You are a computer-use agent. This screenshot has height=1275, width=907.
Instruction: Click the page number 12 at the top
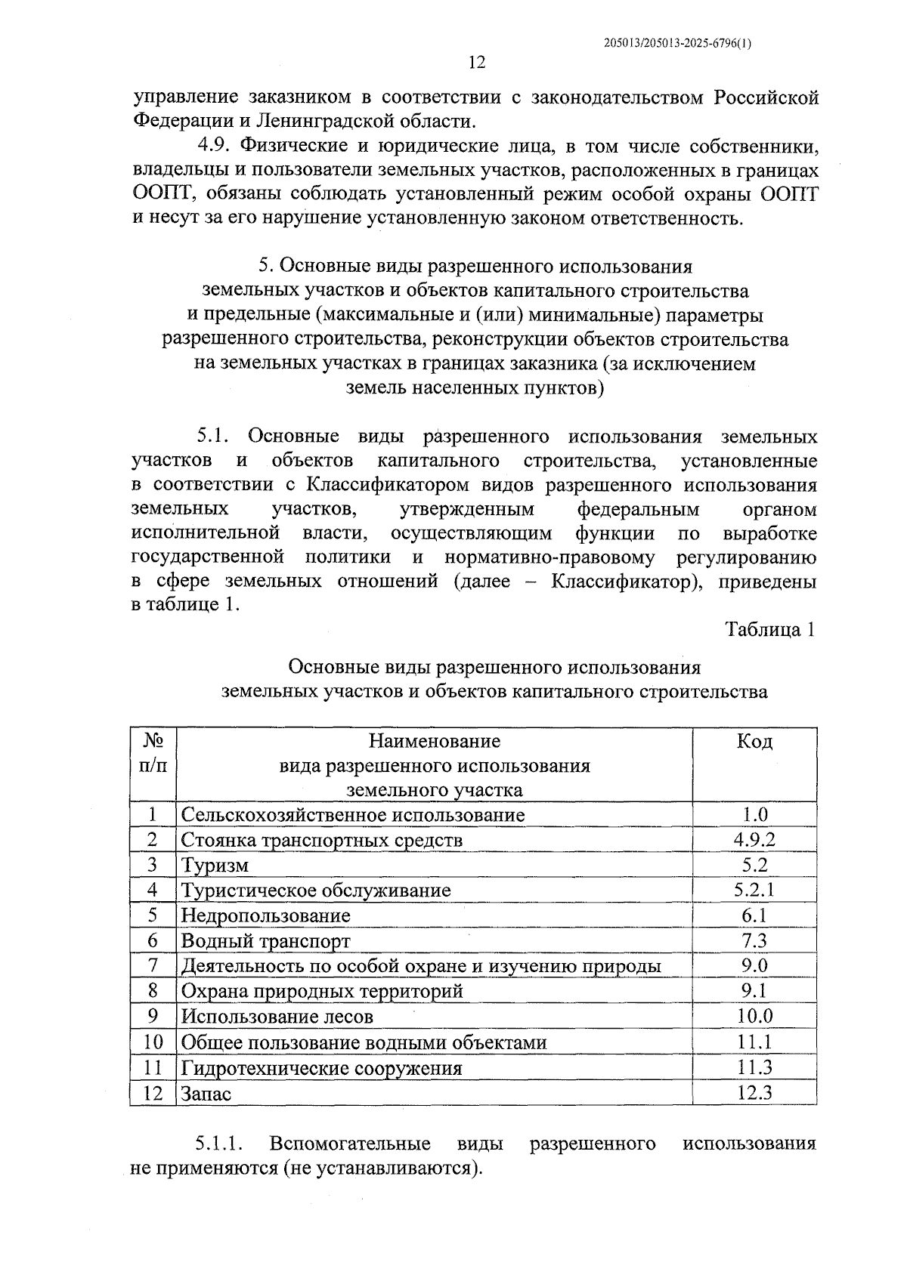[x=476, y=62]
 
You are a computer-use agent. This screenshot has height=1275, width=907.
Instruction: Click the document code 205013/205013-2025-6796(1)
[x=678, y=43]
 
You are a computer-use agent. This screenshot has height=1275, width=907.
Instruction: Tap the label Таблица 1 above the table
[x=770, y=629]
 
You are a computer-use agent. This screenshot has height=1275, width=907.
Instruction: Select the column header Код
[x=754, y=742]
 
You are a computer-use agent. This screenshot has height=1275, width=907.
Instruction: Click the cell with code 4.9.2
[x=754, y=840]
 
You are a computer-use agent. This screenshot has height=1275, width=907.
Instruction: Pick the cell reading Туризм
[x=215, y=866]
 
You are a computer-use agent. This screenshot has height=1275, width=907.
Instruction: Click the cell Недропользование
[x=266, y=916]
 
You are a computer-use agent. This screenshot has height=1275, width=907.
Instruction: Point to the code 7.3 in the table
[x=754, y=941]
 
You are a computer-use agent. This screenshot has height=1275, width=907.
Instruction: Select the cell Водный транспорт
[x=266, y=942]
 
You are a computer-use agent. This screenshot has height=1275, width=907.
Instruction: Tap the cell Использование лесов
[x=277, y=1017]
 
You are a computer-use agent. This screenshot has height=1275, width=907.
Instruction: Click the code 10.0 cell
[x=754, y=1017]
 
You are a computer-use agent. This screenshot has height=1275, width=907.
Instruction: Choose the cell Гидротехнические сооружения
[x=321, y=1068]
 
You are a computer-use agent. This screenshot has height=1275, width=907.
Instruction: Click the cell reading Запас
[x=206, y=1094]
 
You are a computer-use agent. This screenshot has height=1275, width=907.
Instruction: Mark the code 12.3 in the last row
[x=754, y=1093]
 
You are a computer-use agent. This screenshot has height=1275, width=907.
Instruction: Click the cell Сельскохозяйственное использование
[x=352, y=815]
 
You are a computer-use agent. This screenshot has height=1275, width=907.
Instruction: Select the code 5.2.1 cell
[x=754, y=891]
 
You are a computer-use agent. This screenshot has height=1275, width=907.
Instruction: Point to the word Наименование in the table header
[x=434, y=741]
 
